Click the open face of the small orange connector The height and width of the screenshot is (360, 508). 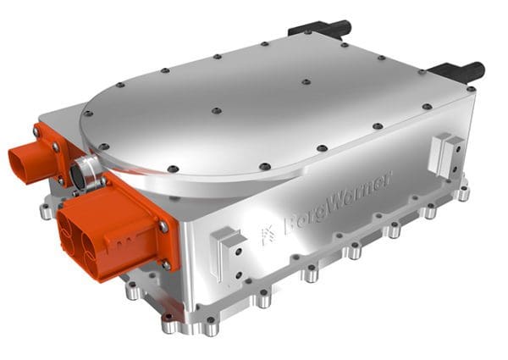tap(25, 161)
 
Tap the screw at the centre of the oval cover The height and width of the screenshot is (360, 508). tap(216, 111)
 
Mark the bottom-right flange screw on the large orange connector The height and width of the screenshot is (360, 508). tap(166, 265)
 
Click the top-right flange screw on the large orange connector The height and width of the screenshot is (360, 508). tap(162, 224)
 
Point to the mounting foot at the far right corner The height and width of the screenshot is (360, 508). tap(463, 192)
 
